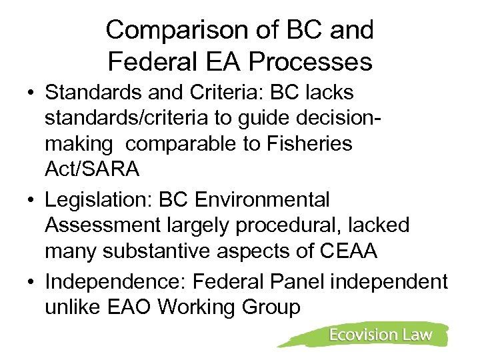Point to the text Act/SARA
point(93,170)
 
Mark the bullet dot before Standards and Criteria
point(31,91)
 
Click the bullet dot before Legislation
point(31,199)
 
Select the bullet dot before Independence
point(31,282)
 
